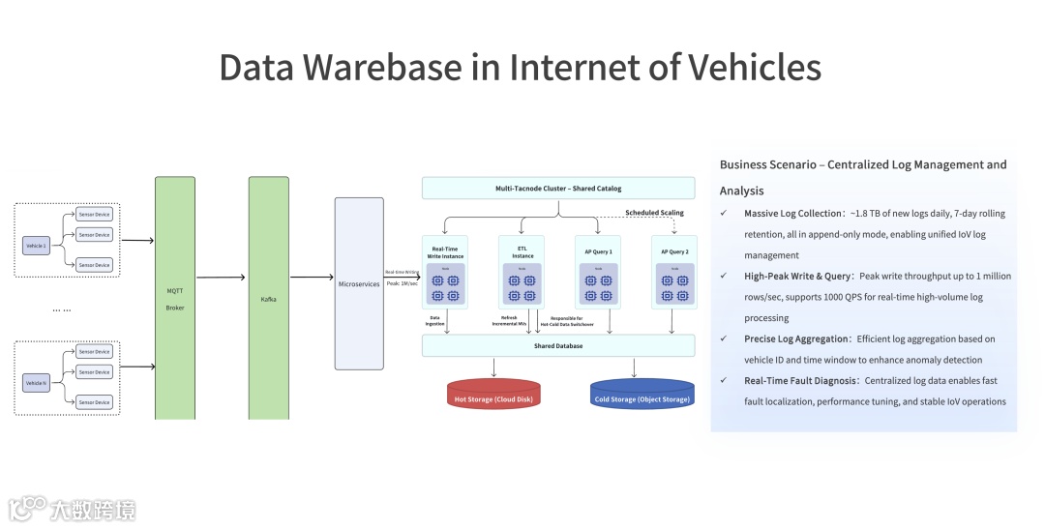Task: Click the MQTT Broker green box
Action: (x=174, y=298)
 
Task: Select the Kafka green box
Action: (x=269, y=298)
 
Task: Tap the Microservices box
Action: (x=359, y=283)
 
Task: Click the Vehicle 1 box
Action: (x=36, y=247)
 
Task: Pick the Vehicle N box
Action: (x=36, y=384)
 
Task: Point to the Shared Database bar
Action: (x=558, y=345)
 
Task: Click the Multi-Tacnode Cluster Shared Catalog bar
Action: (x=558, y=188)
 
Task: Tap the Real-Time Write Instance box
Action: (x=445, y=272)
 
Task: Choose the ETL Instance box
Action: (x=522, y=272)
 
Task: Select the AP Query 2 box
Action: (x=674, y=272)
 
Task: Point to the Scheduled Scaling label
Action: (x=654, y=213)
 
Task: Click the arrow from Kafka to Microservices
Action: (x=312, y=278)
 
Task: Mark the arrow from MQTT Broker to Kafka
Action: (x=221, y=278)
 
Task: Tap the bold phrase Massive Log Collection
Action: (x=793, y=213)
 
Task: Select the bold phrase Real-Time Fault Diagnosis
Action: (x=801, y=381)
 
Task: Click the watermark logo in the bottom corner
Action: (x=28, y=509)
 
